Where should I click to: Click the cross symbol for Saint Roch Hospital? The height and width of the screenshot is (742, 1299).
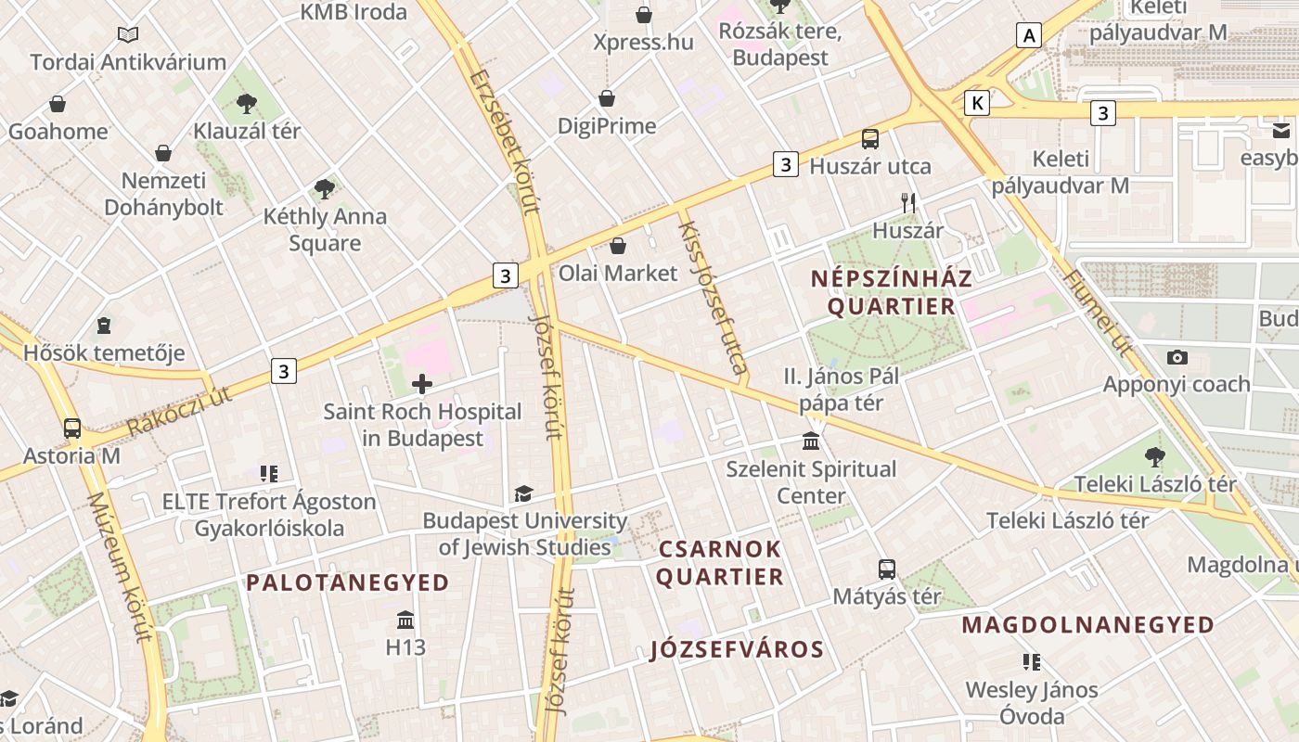(x=422, y=384)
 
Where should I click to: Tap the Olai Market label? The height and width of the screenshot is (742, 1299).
(x=618, y=274)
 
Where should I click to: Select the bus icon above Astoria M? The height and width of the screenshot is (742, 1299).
(x=72, y=429)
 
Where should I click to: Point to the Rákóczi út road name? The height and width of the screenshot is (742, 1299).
(x=179, y=411)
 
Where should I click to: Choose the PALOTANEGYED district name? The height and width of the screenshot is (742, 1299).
(x=347, y=582)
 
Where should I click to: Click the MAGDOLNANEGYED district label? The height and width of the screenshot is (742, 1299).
(x=1087, y=624)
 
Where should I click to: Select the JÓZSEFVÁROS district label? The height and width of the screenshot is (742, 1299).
(x=737, y=649)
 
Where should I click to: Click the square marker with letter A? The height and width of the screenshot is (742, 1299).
(x=1028, y=36)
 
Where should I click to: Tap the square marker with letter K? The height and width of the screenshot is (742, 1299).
(x=976, y=103)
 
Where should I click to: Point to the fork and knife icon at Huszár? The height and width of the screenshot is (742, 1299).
(x=908, y=202)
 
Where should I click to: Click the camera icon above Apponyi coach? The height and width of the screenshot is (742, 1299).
(x=1177, y=357)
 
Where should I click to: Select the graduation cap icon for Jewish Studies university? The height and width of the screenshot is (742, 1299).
(x=524, y=493)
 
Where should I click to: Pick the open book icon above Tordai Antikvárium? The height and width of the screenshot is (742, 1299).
(x=128, y=35)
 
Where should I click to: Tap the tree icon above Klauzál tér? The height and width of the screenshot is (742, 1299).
(x=247, y=103)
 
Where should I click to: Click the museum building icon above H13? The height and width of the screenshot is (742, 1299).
(x=405, y=620)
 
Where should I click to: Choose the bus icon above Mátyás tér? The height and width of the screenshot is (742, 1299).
(x=887, y=569)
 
